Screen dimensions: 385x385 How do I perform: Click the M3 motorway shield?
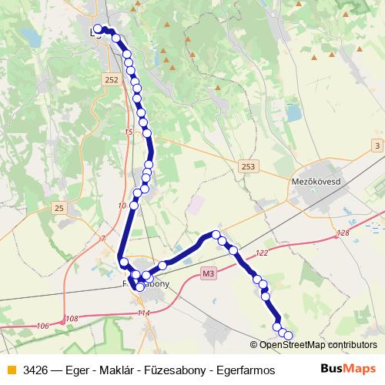click(x=209, y=273)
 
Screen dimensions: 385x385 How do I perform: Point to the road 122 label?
click(x=262, y=253)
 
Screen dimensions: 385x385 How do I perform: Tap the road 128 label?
click(x=343, y=233)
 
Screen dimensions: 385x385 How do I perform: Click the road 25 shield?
click(x=59, y=208)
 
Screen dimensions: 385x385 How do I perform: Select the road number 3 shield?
click(x=377, y=146)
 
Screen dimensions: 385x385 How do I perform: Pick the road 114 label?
click(x=143, y=313)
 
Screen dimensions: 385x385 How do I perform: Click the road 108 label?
click(x=72, y=319)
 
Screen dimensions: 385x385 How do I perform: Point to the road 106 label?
click(x=43, y=326)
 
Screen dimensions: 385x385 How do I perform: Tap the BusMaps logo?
click(x=348, y=369)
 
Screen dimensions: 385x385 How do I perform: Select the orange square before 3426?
click(x=11, y=370)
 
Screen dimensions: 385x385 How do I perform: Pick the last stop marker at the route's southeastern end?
click(x=289, y=335)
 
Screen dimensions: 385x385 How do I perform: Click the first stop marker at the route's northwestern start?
click(x=98, y=30)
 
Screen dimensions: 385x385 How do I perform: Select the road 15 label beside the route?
click(x=128, y=132)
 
